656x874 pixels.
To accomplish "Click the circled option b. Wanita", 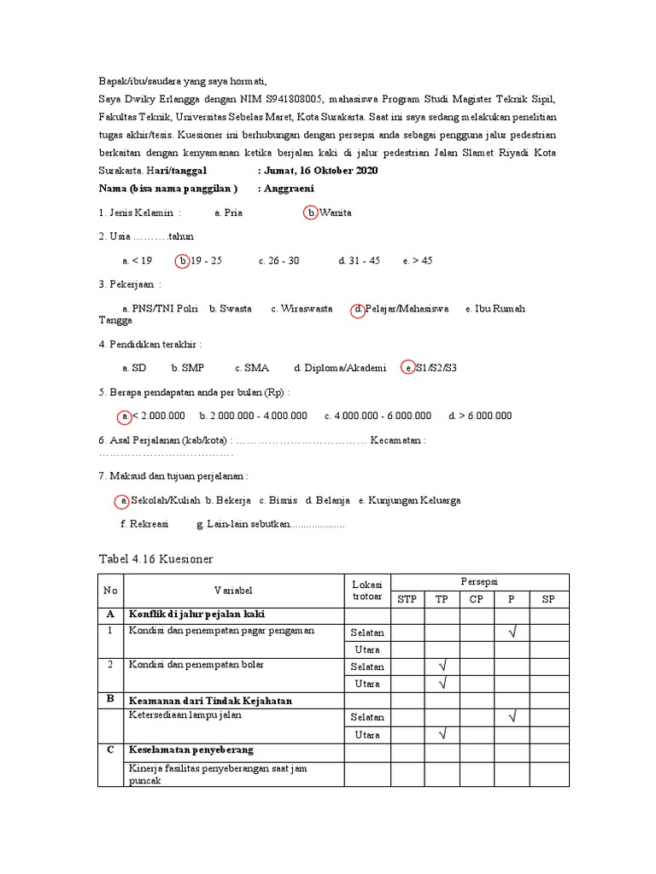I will [x=328, y=213].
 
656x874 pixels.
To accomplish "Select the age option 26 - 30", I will [x=278, y=260].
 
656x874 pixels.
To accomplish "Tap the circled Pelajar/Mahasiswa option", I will [x=400, y=309].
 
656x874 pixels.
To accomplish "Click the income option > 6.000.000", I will [x=480, y=416].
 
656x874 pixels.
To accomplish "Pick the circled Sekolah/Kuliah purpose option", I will [x=158, y=500].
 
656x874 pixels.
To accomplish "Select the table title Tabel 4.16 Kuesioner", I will [x=155, y=558].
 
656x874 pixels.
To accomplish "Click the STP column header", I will [x=407, y=599].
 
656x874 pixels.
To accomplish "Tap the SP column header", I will [x=548, y=599].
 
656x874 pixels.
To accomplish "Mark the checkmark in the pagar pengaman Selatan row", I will [x=512, y=632].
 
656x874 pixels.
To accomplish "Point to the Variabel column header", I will [x=233, y=591].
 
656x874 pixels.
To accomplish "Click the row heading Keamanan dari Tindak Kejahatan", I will [x=210, y=701].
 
